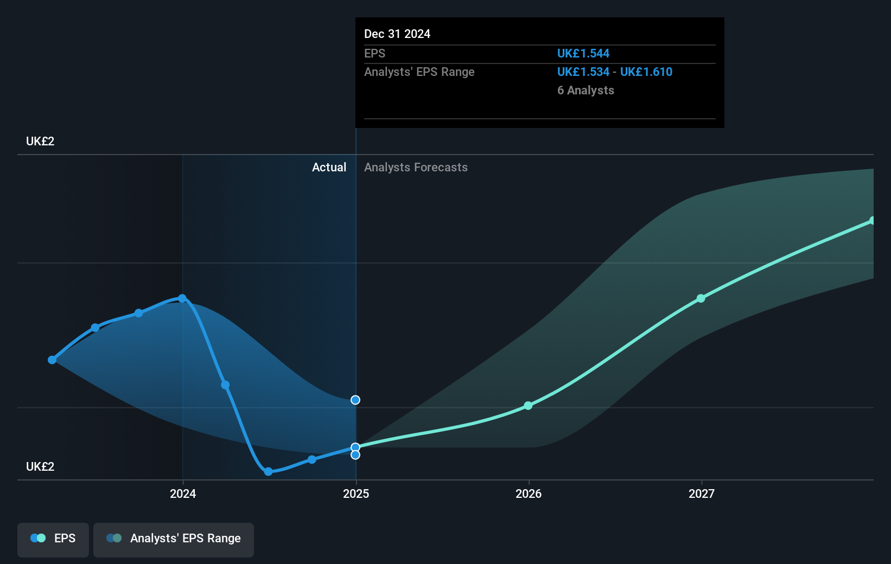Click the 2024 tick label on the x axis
183,493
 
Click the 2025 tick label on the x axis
356,493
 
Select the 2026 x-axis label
529,493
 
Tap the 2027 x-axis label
702,493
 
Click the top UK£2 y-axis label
40,142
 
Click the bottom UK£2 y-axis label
40,467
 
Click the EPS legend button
53,539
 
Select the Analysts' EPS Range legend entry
174,539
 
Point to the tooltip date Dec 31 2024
397,34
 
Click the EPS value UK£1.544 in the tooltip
583,54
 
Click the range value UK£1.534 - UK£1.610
615,72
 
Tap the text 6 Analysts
585,91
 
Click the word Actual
329,168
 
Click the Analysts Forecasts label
416,168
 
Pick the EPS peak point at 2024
182,298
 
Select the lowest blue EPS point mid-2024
268,471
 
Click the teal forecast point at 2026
528,406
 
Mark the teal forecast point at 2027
701,298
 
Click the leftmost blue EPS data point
52,360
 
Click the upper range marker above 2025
355,400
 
